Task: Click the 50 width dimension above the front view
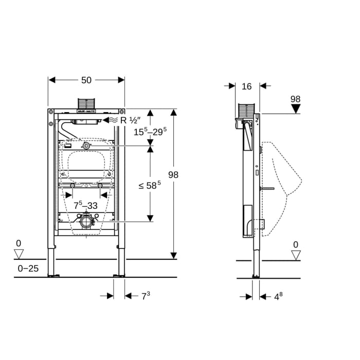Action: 86,80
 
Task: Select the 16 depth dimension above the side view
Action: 247,86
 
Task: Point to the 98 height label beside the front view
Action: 173,175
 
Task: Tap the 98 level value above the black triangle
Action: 295,99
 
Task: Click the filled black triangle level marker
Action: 295,109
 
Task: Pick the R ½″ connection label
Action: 130,120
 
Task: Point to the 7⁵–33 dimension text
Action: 86,206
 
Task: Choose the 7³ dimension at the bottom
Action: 146,296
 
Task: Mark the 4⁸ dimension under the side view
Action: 278,296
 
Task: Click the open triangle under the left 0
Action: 19,254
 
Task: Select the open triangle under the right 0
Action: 296,255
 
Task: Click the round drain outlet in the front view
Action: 86,222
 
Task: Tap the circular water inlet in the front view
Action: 86,146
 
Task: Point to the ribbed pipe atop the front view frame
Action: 86,103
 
